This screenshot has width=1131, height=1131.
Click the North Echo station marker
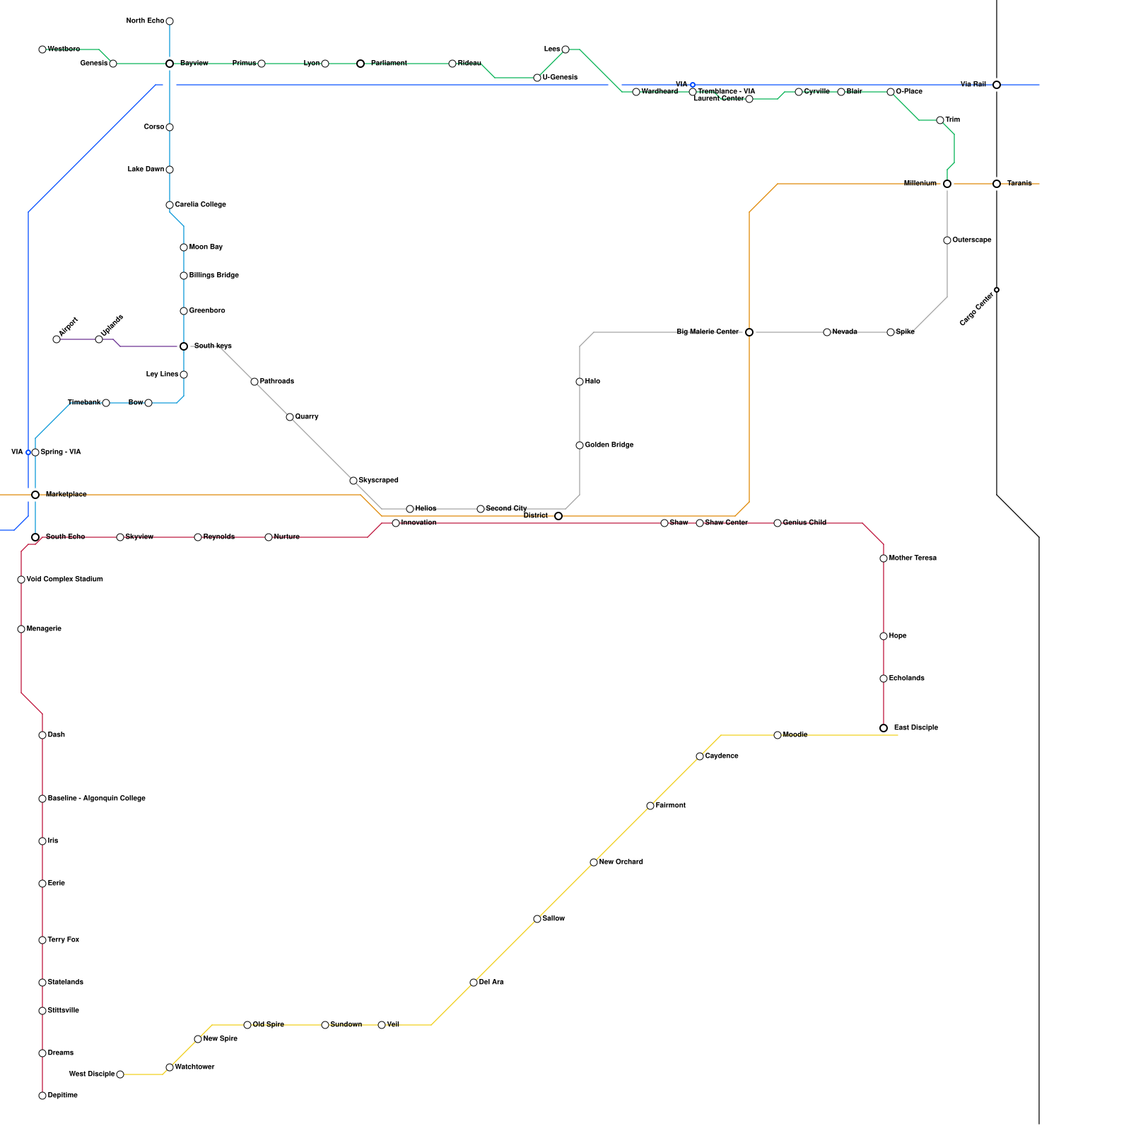(170, 21)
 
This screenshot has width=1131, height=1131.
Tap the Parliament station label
(388, 64)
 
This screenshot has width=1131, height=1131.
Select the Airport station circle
(57, 339)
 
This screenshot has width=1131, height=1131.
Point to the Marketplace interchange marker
(35, 495)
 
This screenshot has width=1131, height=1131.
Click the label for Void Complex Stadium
(64, 580)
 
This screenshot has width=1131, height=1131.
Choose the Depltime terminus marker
(42, 1096)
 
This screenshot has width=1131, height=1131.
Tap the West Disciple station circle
(120, 1074)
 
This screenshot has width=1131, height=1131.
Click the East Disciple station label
(915, 728)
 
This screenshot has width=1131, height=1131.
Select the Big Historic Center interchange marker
(749, 332)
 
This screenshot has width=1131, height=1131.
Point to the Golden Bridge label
(609, 445)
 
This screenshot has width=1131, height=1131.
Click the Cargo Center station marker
(997, 290)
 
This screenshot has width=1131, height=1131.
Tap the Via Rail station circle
(997, 85)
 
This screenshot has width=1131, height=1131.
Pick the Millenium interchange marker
(947, 184)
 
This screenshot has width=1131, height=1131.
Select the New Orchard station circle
(594, 862)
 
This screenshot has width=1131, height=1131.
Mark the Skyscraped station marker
(353, 481)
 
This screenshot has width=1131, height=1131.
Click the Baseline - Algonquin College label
(96, 799)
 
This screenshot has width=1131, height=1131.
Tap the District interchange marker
(558, 516)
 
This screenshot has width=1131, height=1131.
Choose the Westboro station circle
(42, 49)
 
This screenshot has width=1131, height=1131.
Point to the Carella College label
(200, 205)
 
